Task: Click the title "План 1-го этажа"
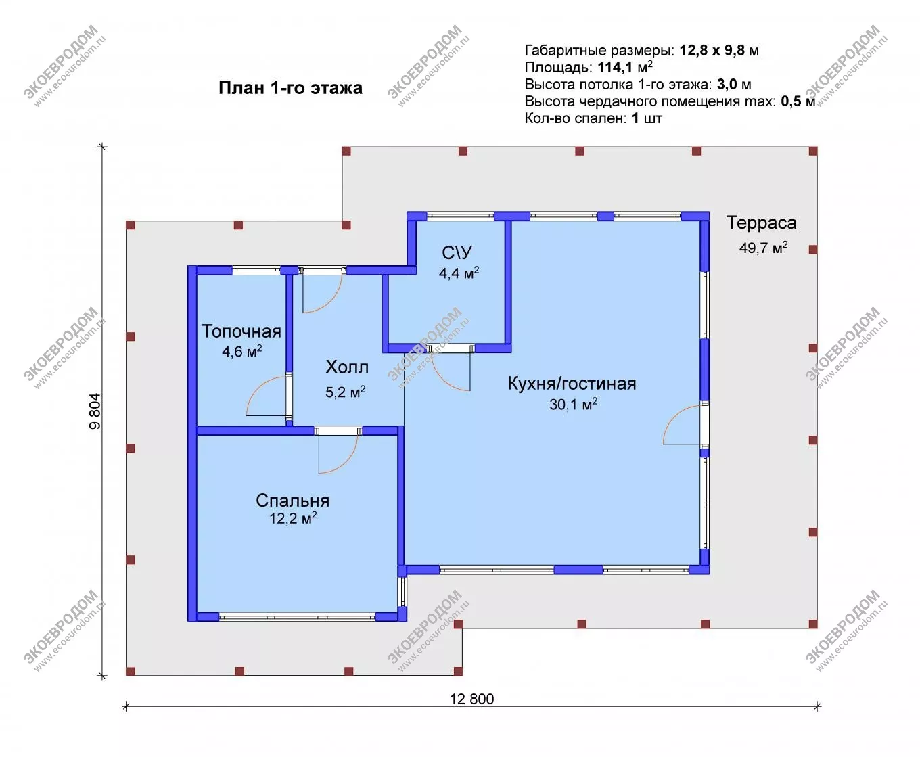290,88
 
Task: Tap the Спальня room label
292,501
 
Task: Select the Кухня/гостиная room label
572,384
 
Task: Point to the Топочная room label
241,331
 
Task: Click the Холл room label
347,367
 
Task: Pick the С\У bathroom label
457,252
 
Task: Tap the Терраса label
761,223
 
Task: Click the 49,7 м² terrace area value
763,248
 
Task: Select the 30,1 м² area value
573,404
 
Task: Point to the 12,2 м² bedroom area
293,518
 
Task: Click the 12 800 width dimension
472,699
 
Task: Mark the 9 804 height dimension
95,411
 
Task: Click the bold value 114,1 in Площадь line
615,68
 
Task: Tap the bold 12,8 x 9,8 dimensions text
712,51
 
